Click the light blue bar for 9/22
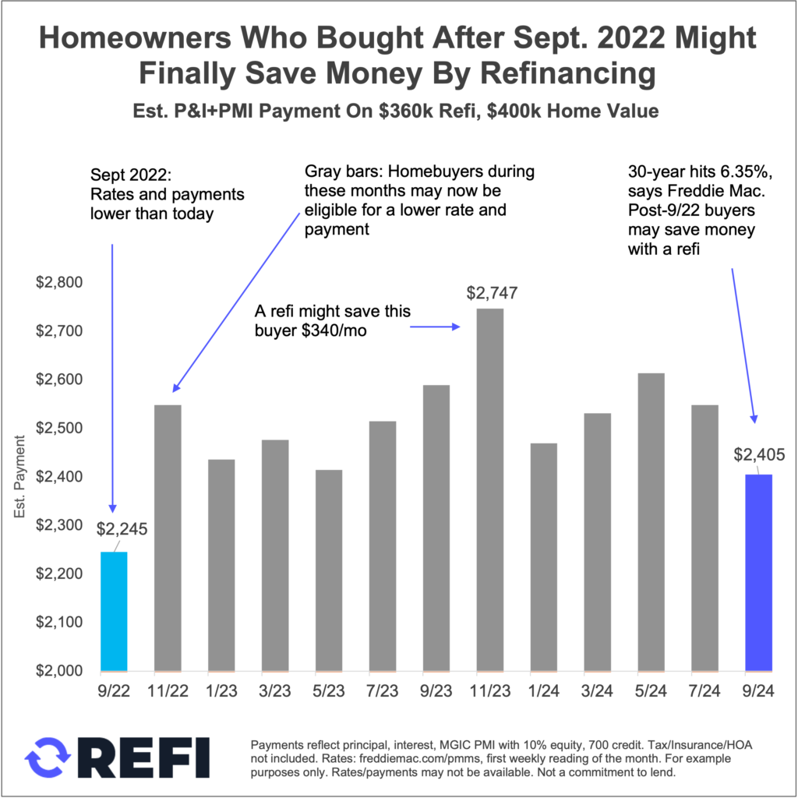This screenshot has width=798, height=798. (x=114, y=611)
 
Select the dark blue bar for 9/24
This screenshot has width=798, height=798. (x=758, y=572)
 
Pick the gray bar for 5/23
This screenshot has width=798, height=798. (x=328, y=570)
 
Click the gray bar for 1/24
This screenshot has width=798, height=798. (x=543, y=556)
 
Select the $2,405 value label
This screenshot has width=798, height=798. (x=758, y=455)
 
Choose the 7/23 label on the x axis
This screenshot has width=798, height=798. (x=382, y=690)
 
